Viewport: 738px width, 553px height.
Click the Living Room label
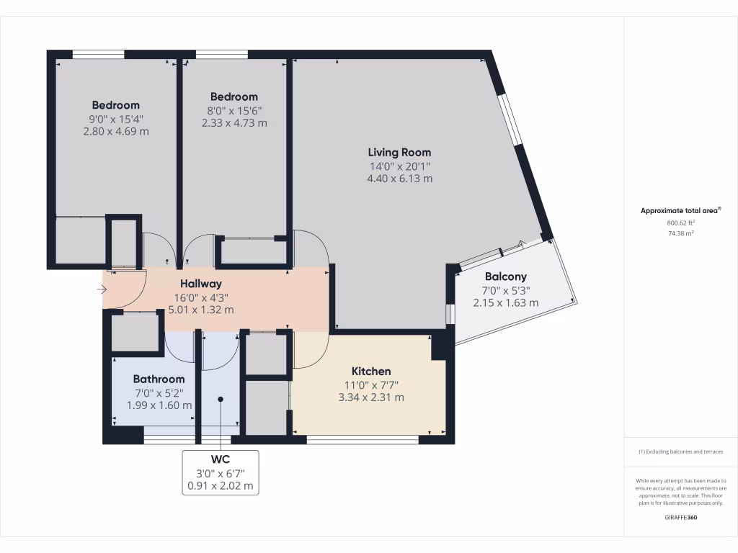(x=399, y=152)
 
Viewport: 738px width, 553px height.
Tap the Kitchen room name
(x=371, y=371)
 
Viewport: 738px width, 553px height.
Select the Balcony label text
(x=505, y=276)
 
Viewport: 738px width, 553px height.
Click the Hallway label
(x=201, y=284)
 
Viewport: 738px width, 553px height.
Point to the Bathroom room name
(x=159, y=379)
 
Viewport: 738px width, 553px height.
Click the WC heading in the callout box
(x=220, y=459)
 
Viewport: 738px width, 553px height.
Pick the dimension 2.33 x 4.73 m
(x=234, y=122)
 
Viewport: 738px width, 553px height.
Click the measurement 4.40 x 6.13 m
(x=399, y=178)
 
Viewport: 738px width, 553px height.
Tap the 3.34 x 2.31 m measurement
(x=371, y=397)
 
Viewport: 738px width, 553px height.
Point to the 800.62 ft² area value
(x=680, y=223)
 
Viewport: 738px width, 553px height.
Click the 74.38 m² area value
(x=680, y=233)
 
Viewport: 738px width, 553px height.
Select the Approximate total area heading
(x=680, y=211)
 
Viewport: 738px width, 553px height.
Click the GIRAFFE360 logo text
(x=680, y=517)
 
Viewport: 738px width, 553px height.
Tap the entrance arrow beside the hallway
(x=102, y=290)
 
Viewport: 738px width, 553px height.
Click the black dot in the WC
(x=221, y=399)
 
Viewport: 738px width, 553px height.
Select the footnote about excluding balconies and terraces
(x=680, y=451)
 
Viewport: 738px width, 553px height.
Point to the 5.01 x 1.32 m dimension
(x=201, y=310)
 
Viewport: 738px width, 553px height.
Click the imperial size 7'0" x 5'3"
(x=505, y=290)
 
